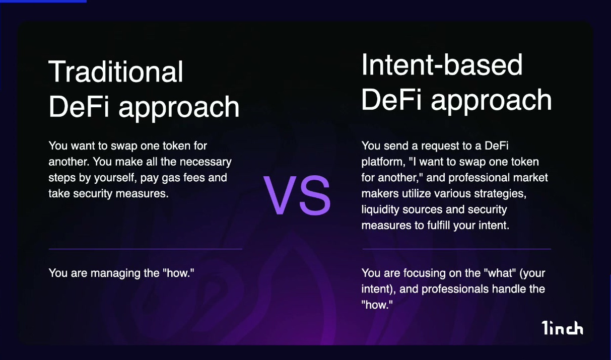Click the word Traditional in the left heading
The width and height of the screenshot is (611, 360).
116,71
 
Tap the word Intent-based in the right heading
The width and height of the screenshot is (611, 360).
442,64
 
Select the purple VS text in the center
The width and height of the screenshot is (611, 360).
297,195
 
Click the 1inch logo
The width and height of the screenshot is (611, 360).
562,328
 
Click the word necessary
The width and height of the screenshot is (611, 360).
206,162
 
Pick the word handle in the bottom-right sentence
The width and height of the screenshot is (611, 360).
510,289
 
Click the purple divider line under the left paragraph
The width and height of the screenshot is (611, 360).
146,249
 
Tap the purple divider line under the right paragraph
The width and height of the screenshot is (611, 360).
457,249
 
